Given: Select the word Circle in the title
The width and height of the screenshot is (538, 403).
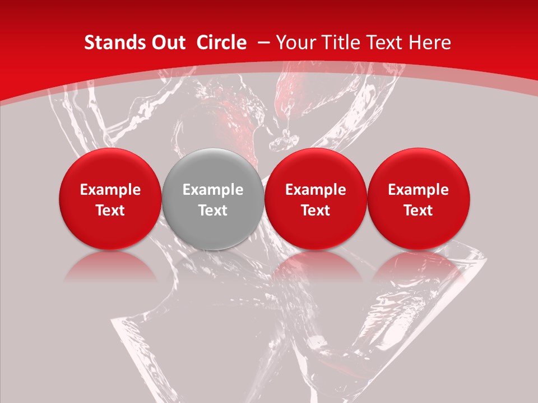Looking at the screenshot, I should [x=221, y=43].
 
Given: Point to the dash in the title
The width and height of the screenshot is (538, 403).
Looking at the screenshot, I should [x=265, y=43].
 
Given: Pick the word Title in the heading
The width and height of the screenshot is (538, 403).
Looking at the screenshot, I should [x=342, y=43].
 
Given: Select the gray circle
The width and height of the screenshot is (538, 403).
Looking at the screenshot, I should [x=213, y=199].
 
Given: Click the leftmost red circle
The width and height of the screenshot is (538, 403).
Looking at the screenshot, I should [x=110, y=199].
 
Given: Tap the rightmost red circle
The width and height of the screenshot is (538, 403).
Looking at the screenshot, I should [x=419, y=199].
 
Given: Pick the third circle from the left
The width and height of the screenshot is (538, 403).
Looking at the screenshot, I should [x=316, y=199].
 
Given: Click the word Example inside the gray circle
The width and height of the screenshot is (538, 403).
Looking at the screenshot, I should [x=213, y=190].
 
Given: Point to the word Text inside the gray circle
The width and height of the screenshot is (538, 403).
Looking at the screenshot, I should [x=213, y=210].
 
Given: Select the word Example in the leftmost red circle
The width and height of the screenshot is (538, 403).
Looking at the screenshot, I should [x=110, y=190].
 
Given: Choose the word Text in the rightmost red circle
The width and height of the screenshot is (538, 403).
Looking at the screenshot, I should [x=419, y=210].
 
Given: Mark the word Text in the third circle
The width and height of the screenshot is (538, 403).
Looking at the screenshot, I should [x=316, y=210].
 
